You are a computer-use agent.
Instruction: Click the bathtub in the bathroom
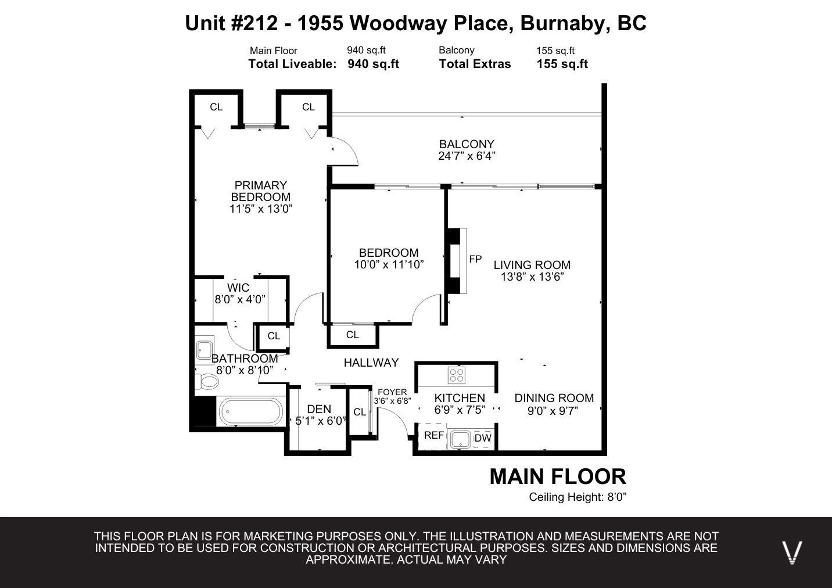tap(251, 411)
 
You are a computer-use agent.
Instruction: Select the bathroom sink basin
tap(204, 350)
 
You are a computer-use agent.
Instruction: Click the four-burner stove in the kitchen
tap(457, 375)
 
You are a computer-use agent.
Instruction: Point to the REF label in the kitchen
tap(434, 435)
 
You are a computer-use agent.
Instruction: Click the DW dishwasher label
tap(483, 438)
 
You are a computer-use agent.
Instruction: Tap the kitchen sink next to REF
tap(461, 439)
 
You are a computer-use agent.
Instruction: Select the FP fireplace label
tap(475, 259)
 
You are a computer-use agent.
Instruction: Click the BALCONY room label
tap(467, 144)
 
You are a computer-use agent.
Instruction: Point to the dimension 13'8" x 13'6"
tap(532, 277)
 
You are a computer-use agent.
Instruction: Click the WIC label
tap(238, 288)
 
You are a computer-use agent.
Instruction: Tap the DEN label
tap(319, 409)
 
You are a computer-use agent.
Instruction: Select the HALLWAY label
tap(371, 363)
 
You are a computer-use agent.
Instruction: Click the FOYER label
tap(392, 392)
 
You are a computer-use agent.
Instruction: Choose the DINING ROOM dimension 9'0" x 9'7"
tap(553, 411)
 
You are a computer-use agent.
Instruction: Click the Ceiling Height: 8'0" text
tap(578, 497)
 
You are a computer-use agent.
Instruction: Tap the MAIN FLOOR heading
tap(558, 477)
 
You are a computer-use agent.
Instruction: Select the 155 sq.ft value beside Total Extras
tap(562, 64)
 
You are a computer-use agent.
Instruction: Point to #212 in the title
tap(254, 23)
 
